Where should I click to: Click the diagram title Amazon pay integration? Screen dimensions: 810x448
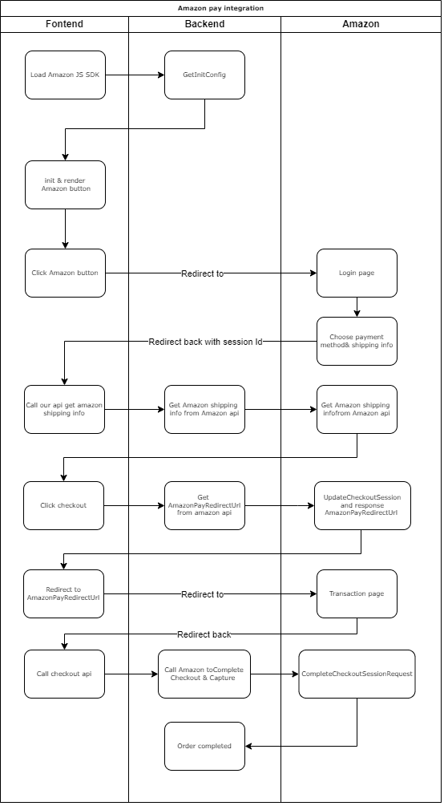coord(220,8)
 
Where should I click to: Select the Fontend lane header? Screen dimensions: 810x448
coord(64,24)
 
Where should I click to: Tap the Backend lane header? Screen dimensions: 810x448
coord(204,24)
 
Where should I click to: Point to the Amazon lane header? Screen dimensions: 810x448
coord(361,24)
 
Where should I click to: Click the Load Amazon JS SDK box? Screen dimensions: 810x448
coord(65,75)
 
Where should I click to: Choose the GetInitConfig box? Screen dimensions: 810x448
coord(204,75)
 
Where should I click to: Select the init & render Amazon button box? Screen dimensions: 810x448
coord(65,184)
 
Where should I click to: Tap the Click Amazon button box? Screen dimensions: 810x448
coord(65,273)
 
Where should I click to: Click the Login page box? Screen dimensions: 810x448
coord(357,273)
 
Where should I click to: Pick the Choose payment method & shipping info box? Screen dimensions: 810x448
coord(357,341)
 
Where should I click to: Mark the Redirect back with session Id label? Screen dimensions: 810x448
coord(206,341)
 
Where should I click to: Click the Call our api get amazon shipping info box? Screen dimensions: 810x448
coord(64,409)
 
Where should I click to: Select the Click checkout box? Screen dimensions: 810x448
coord(63,505)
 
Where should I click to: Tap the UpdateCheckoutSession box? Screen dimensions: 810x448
coord(361,505)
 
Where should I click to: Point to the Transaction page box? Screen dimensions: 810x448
coord(357,593)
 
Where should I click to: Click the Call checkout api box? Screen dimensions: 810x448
coord(64,674)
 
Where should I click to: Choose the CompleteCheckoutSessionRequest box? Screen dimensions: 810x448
coord(357,674)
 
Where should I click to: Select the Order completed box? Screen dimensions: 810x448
coord(204,746)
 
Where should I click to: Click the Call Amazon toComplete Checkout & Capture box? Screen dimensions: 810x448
coord(204,674)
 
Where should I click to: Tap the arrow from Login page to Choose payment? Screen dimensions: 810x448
coord(357,307)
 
